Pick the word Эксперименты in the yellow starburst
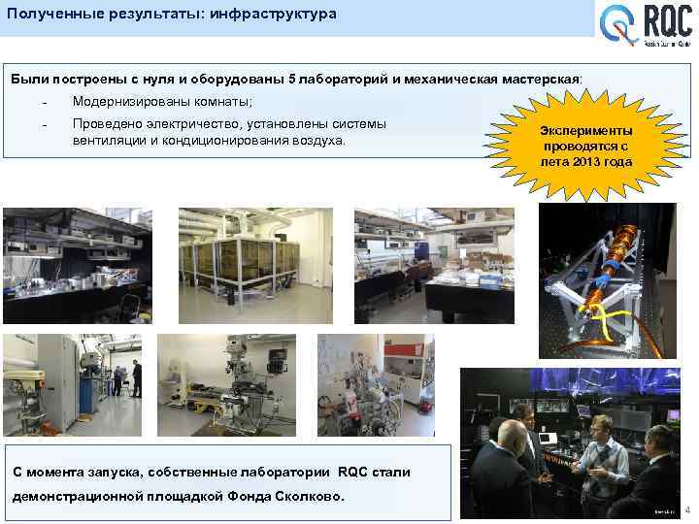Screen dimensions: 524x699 [x=586, y=131]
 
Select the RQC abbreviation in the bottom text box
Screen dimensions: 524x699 [x=354, y=472]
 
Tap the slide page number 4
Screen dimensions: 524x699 [x=687, y=510]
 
